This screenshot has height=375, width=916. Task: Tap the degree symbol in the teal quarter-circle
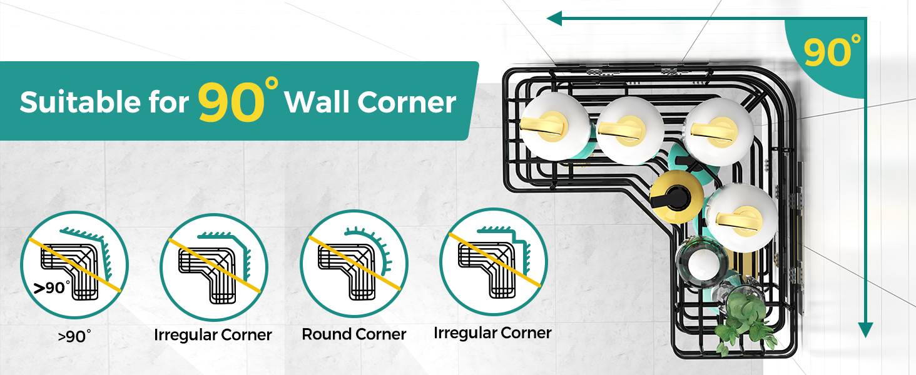(855, 39)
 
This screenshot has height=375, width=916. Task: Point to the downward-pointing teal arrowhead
(865, 329)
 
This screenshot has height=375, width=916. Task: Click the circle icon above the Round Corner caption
(354, 263)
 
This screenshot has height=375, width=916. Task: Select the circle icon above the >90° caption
(74, 263)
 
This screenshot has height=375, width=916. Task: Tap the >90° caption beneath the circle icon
(74, 336)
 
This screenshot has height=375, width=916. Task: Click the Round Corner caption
(354, 334)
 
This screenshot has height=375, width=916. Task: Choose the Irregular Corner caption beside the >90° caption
(213, 335)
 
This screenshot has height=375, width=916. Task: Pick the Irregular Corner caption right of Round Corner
(492, 333)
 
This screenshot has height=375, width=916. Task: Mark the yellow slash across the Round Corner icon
(354, 262)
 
